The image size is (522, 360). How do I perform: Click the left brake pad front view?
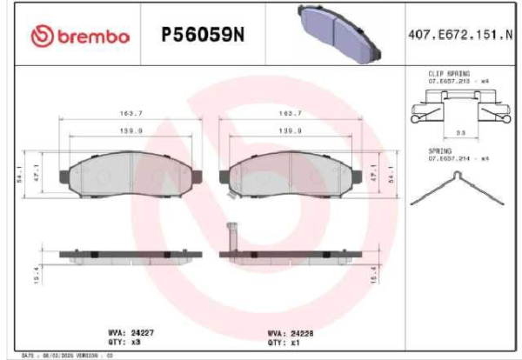129,174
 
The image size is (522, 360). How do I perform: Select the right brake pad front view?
291,174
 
